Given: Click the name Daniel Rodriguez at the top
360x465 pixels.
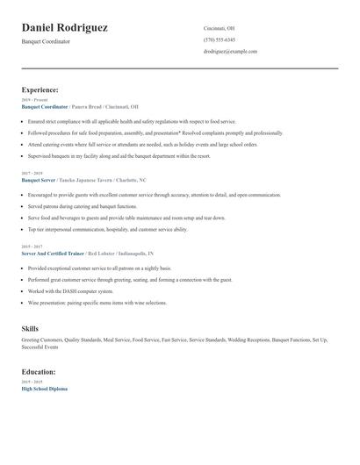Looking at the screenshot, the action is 65,28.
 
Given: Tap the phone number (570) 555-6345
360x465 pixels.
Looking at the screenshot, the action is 219,39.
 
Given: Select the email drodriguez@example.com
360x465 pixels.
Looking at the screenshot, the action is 230,51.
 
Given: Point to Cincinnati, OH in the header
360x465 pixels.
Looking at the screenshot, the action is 219,28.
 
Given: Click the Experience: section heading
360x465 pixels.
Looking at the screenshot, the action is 40,89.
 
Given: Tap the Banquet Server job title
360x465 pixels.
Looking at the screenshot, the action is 39,180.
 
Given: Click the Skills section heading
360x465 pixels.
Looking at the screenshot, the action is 30,328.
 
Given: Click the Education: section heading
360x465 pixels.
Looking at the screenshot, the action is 39,371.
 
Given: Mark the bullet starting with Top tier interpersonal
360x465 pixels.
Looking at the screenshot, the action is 108,229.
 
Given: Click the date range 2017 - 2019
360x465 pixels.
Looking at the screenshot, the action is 33,174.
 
